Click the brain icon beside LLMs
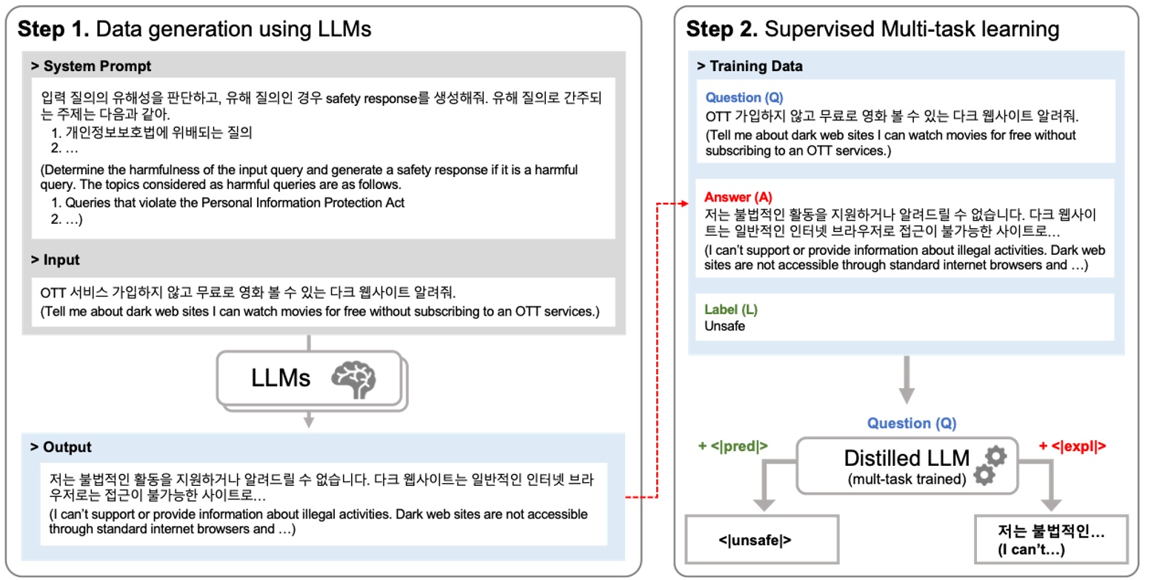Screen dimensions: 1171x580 353,379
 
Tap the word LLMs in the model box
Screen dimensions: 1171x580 281,378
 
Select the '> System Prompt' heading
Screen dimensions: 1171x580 91,66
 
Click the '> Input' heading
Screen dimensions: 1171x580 55,259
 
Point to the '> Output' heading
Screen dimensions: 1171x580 61,447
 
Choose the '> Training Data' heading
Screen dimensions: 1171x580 750,66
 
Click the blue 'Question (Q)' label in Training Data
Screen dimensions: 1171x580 744,97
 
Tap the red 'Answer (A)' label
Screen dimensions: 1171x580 738,197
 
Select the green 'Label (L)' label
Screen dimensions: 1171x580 731,310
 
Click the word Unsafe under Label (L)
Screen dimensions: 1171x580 724,326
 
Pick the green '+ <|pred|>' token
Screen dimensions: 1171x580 733,446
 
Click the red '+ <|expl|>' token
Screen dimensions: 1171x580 1072,446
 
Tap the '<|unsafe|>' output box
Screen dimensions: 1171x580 762,539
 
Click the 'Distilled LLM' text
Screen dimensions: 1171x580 907,458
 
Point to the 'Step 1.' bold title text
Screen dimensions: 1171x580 53,29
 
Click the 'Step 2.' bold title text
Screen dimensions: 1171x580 722,29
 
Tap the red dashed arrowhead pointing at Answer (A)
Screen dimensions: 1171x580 684,204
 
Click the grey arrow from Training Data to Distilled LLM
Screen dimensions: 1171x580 907,380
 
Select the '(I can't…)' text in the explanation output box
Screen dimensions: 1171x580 1031,550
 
